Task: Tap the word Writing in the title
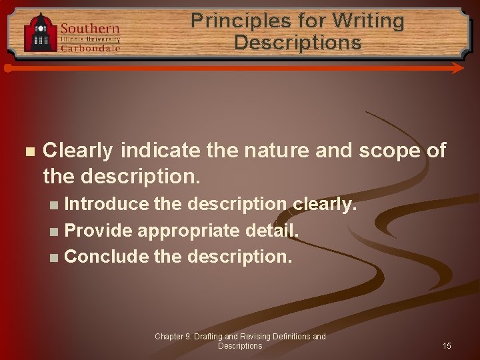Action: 368,21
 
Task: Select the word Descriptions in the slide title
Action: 297,43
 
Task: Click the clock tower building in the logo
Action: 41,33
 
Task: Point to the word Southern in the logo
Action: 90,28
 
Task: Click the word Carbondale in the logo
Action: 91,48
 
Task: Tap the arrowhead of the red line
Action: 459,68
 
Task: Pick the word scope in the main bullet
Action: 387,151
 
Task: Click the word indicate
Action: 160,151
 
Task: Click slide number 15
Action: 447,345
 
